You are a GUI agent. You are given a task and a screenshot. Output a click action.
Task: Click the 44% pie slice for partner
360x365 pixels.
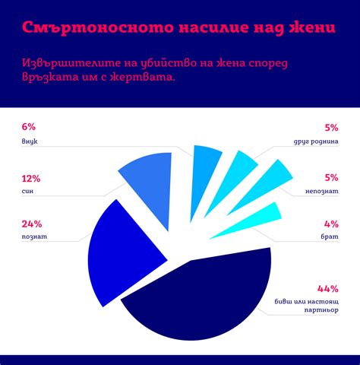[x=205, y=297]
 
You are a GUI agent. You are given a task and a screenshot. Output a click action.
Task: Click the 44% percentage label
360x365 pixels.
[x=327, y=288]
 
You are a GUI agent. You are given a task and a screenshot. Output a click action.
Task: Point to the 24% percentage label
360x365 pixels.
[x=32, y=224]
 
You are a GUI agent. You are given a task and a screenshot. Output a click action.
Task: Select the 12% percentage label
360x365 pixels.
[x=31, y=179]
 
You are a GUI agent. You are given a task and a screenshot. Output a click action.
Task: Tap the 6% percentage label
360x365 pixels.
[x=29, y=126]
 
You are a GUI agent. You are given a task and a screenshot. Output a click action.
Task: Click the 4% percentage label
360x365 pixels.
[x=331, y=224]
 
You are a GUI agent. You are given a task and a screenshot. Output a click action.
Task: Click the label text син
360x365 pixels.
[x=27, y=193]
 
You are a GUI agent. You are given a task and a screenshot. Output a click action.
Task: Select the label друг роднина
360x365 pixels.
[x=316, y=141]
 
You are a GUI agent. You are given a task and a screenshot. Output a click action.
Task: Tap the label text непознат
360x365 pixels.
[x=321, y=193]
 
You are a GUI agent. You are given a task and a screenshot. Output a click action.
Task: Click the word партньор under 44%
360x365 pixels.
[x=319, y=312]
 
